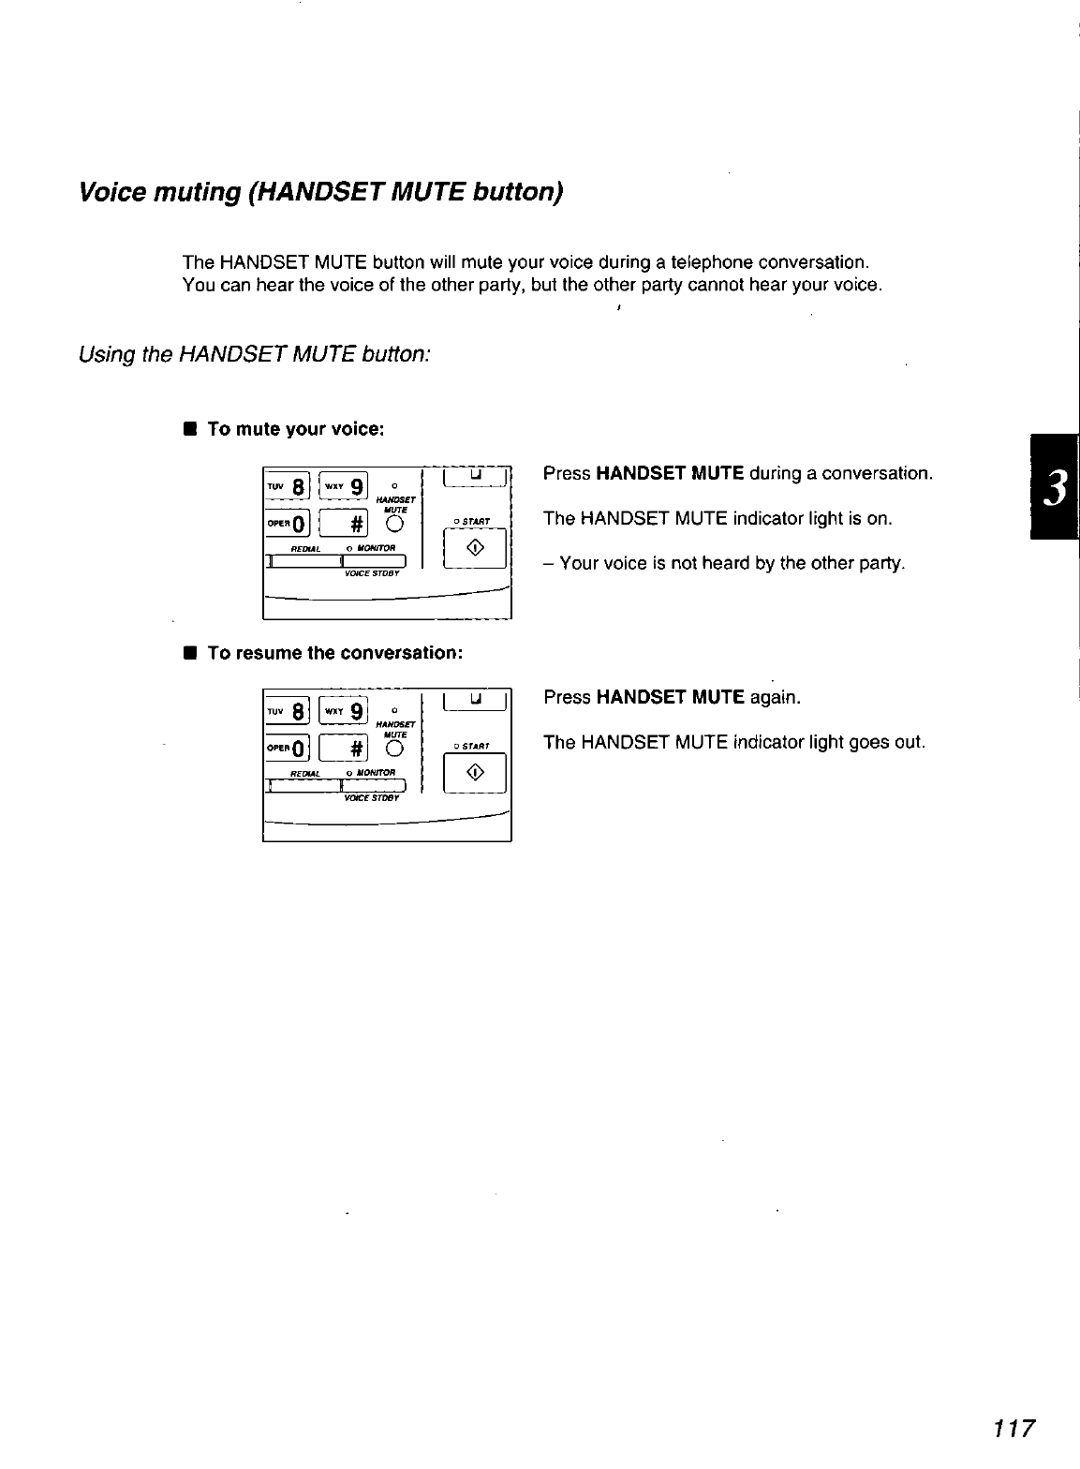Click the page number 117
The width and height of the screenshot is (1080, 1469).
[1014, 1429]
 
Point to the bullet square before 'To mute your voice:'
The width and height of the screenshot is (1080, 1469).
[189, 430]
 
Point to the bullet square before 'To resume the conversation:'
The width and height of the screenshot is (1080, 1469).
[189, 653]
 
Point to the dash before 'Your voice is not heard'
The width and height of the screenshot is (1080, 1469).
[548, 564]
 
